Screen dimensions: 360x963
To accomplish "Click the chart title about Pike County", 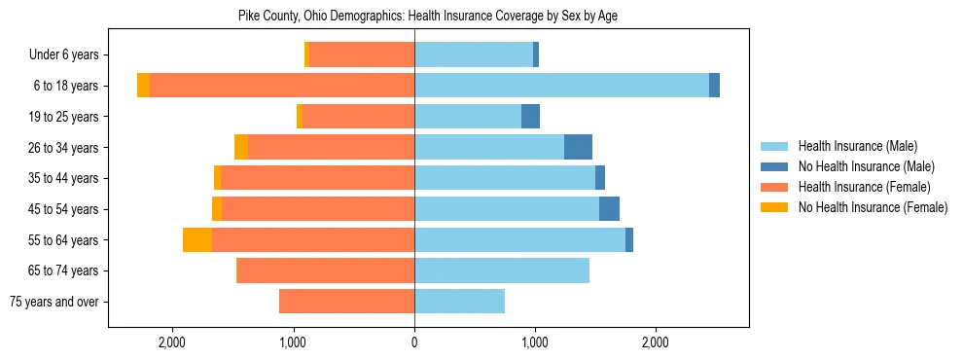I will pos(428,16).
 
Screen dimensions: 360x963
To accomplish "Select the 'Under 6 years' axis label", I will pos(64,55).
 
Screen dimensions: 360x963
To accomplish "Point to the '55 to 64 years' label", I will pos(64,240).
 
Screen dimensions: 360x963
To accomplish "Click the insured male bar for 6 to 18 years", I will pos(561,86).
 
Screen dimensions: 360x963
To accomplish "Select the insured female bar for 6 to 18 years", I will pos(282,86).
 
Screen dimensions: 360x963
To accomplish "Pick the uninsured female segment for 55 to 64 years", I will pos(197,240).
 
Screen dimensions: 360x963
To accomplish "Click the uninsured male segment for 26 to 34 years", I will pos(578,147).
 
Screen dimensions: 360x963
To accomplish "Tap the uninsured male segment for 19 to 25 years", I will pos(530,117).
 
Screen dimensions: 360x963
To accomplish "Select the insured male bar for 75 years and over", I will pos(459,302).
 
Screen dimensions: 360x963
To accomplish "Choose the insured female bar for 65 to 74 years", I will pos(326,270).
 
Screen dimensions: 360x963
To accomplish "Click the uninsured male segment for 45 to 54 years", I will pos(609,209).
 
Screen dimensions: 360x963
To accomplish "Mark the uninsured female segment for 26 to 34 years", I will pos(241,147).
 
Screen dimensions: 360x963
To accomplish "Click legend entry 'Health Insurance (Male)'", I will pos(857,146).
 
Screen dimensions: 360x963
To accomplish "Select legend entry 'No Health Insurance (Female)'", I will pos(873,207).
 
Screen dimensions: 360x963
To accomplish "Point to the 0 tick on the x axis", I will pos(414,342).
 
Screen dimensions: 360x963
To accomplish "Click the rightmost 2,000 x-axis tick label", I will pos(655,342).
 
